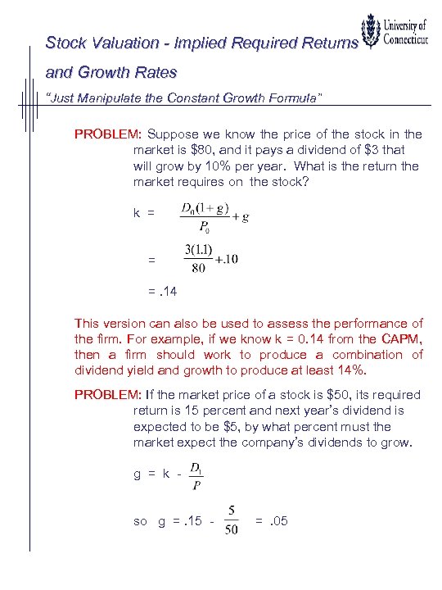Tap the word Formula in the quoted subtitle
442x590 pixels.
click(291, 98)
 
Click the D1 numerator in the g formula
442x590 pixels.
click(196, 468)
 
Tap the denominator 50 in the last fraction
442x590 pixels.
click(232, 531)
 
